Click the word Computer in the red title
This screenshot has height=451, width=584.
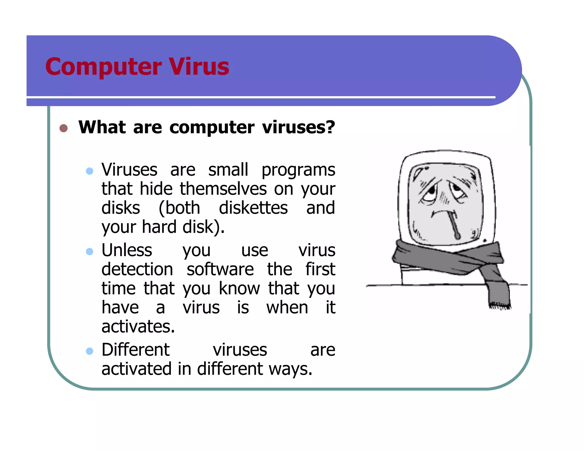coord(104,67)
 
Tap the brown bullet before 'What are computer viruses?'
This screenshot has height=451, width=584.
coord(63,128)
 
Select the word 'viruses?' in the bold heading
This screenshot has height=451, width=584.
coord(298,127)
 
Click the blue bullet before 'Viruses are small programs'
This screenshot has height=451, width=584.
coord(90,171)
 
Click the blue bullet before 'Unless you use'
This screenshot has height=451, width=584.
coord(90,251)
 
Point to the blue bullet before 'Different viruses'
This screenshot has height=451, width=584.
coord(90,351)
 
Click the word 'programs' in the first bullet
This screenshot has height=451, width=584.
coord(298,170)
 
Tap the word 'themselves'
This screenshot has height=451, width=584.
coord(223,189)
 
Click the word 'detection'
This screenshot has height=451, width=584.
coord(137,269)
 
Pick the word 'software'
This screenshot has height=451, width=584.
coord(220,269)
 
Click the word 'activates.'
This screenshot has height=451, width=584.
coord(138,326)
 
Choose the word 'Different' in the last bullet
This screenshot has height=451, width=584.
coord(135,350)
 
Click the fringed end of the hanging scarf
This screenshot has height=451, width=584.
coord(500,306)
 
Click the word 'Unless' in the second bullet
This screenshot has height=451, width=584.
coord(127,250)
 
